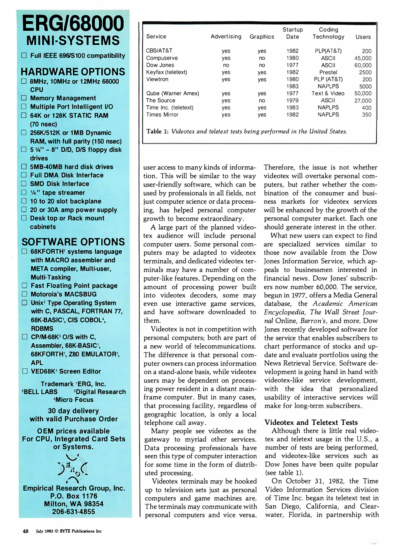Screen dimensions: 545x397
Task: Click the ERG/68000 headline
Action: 73,23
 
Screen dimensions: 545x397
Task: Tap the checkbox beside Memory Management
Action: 24,98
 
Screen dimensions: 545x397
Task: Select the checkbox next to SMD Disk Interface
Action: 24,183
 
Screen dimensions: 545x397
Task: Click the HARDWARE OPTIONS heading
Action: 73,72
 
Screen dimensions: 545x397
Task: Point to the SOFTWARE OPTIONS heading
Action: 73,242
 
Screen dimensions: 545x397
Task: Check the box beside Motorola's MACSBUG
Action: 24,294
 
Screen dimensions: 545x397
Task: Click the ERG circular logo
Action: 73,468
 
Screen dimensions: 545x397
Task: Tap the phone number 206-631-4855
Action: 73,512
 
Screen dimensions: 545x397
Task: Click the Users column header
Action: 363,37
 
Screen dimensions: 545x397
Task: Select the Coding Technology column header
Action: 328,33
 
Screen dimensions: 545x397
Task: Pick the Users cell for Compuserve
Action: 363,58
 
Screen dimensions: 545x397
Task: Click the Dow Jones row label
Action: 160,65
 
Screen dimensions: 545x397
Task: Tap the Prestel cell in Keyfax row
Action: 328,72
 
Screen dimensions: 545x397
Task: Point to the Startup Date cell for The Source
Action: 292,100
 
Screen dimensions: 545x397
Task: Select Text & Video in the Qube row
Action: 328,93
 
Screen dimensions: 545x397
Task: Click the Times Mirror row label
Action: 162,115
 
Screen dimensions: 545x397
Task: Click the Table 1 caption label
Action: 157,131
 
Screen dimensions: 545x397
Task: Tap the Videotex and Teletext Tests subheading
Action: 311,422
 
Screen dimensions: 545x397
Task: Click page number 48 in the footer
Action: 25,531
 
